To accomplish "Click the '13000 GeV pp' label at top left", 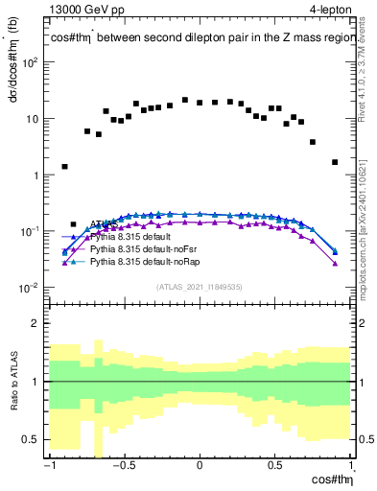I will click(x=84, y=9).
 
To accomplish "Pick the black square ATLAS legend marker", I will click(x=75, y=224).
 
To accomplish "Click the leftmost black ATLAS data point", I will click(x=64, y=166).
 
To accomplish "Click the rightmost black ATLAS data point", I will click(x=335, y=162).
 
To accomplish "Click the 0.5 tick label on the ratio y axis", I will click(x=29, y=439).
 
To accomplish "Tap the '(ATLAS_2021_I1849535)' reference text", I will click(x=200, y=287).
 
